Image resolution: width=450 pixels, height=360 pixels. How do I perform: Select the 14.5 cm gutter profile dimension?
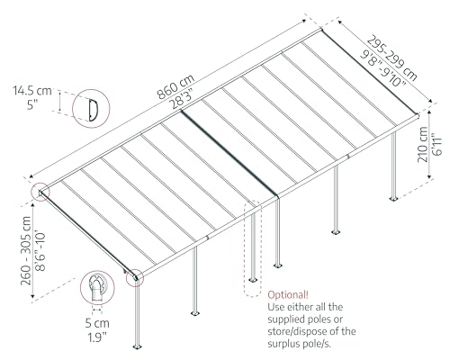click(x=34, y=91)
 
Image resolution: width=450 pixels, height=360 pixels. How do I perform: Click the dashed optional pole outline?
click(x=255, y=243)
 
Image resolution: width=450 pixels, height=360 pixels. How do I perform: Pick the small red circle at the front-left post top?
click(x=134, y=278)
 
